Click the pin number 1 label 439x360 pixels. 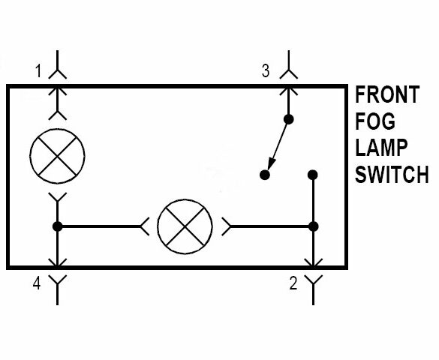(x=38, y=70)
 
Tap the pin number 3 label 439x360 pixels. (x=266, y=70)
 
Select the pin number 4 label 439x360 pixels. (x=37, y=283)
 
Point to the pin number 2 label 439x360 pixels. (x=293, y=283)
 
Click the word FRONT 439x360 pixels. (x=387, y=94)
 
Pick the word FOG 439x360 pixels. (x=375, y=121)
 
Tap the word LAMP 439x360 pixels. (x=381, y=148)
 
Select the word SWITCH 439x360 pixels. (x=392, y=174)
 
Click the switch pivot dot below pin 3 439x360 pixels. (x=289, y=119)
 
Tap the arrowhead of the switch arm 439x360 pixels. (x=272, y=164)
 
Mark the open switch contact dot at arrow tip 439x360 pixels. (x=265, y=175)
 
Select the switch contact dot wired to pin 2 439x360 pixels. (x=313, y=175)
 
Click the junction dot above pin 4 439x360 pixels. (x=57, y=226)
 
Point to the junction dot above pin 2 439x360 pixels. (x=313, y=226)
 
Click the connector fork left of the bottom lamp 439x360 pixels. (x=144, y=226)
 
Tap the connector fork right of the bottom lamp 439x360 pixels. (x=226, y=226)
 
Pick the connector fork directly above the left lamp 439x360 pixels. (x=57, y=115)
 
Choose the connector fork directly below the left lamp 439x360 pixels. (x=57, y=197)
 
